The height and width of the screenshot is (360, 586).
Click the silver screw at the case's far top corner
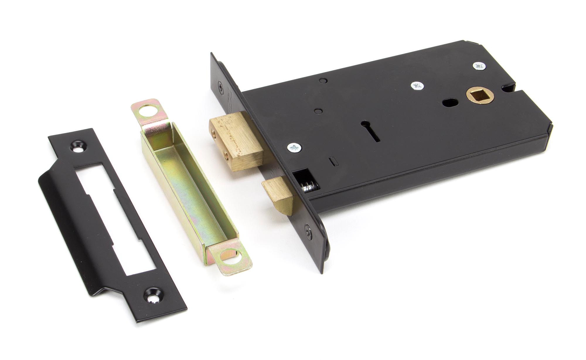[x=479, y=66]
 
